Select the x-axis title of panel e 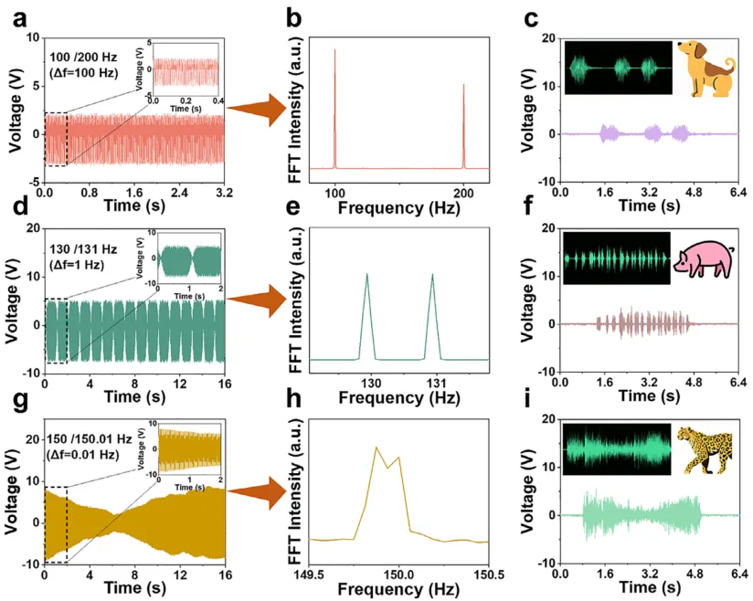[398, 397]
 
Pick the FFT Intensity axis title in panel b [282, 103]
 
